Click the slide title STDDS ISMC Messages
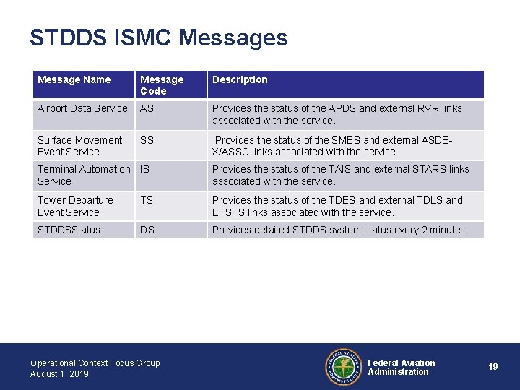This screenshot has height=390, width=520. click(x=158, y=38)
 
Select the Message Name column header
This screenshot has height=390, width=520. click(x=74, y=79)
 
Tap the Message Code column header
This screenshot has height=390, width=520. click(x=162, y=85)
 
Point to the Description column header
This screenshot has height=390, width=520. click(x=240, y=79)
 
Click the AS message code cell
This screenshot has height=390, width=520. click(x=147, y=108)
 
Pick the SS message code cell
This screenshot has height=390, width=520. click(x=147, y=140)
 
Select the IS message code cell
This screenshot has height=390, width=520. click(x=144, y=169)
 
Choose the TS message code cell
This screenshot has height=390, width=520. click(x=147, y=200)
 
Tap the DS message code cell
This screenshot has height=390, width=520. click(x=147, y=230)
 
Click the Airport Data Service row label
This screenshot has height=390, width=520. click(x=82, y=108)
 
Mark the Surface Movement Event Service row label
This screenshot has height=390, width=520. click(x=79, y=146)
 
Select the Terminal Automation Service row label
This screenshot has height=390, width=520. click(x=84, y=175)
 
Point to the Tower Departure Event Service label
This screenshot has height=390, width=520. click(x=75, y=206)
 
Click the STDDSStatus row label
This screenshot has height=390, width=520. click(x=69, y=230)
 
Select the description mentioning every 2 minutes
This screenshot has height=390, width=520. click(x=339, y=230)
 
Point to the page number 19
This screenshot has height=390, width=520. click(x=493, y=367)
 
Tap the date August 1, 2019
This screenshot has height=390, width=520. click(x=59, y=374)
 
